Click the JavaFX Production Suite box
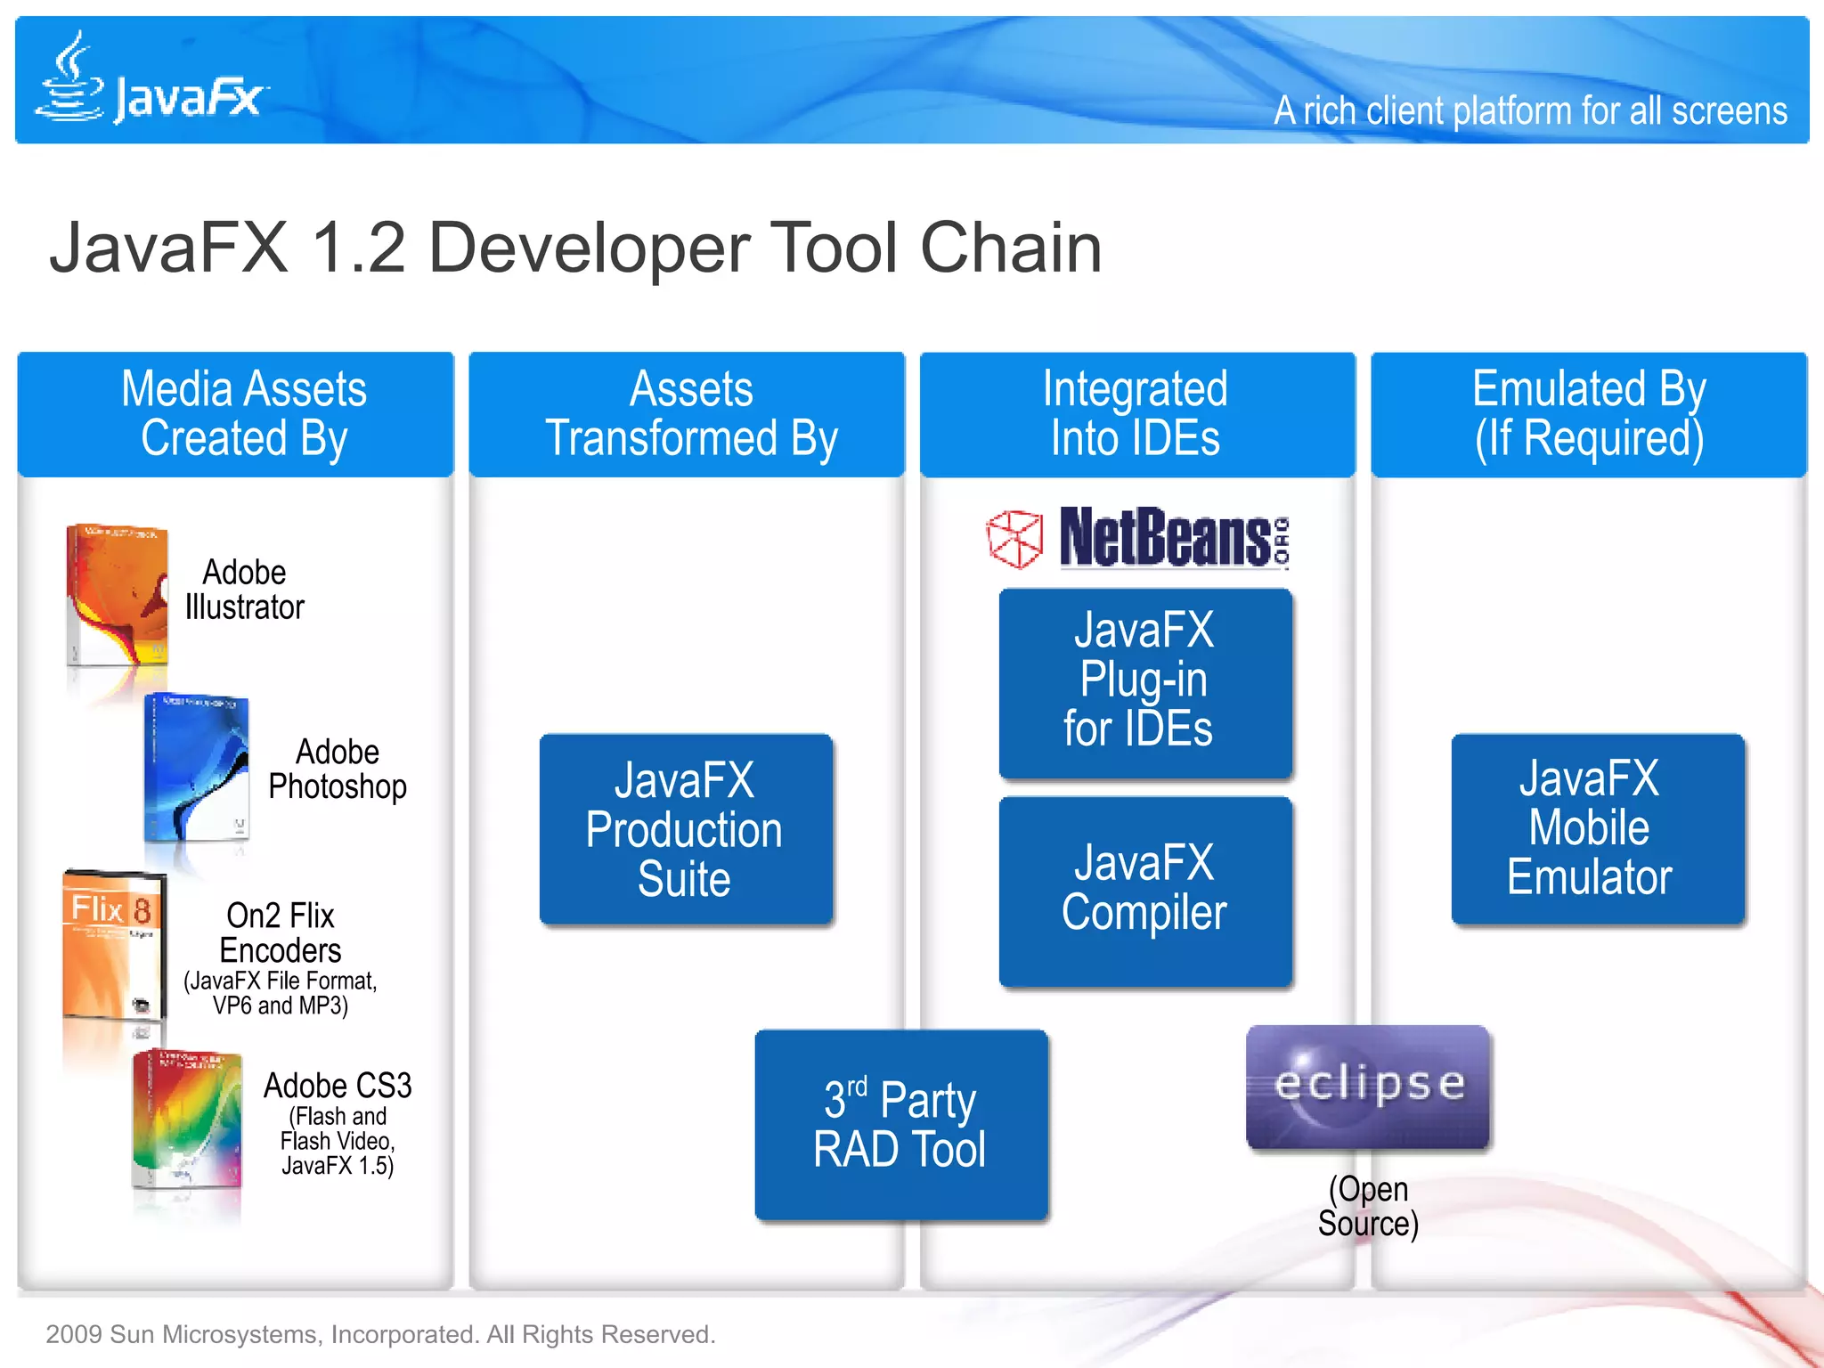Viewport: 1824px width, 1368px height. (686, 829)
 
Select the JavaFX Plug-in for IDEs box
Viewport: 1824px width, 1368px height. (1145, 682)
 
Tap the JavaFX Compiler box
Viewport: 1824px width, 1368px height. (1145, 891)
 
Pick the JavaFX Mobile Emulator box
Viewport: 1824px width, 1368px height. (1597, 829)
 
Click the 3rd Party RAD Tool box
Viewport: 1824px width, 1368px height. (900, 1124)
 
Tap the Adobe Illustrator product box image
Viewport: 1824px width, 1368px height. (118, 595)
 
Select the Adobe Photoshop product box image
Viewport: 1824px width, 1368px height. (197, 768)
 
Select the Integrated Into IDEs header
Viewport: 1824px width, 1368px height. (1137, 414)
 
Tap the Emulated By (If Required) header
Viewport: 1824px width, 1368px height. (1589, 414)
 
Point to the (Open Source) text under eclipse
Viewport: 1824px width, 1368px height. (1368, 1206)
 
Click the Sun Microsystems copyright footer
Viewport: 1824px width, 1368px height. (380, 1334)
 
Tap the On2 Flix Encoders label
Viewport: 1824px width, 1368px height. (281, 932)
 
